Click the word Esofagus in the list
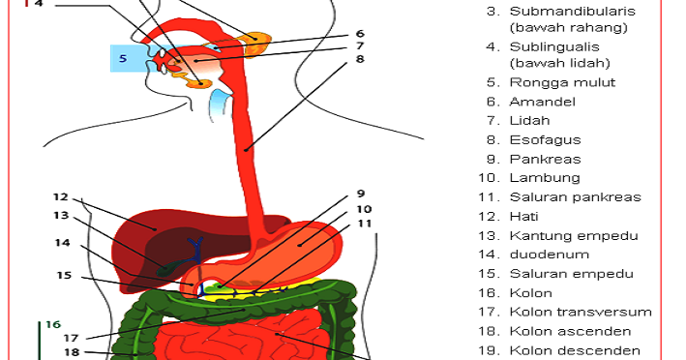point(545,140)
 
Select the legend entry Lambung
point(545,178)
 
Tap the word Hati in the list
point(523,216)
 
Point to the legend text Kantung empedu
point(574,236)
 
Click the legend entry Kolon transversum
point(581,312)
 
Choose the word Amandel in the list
point(542,102)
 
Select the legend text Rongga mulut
point(562,82)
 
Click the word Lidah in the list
point(529,121)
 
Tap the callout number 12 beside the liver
point(61,196)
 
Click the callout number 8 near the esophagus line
point(360,59)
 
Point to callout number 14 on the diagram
point(62,242)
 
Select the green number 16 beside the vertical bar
point(53,324)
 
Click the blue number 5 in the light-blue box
point(123,58)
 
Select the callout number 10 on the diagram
point(364,209)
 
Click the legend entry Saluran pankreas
point(576,197)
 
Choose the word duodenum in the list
point(550,255)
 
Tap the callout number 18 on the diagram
point(72,351)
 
